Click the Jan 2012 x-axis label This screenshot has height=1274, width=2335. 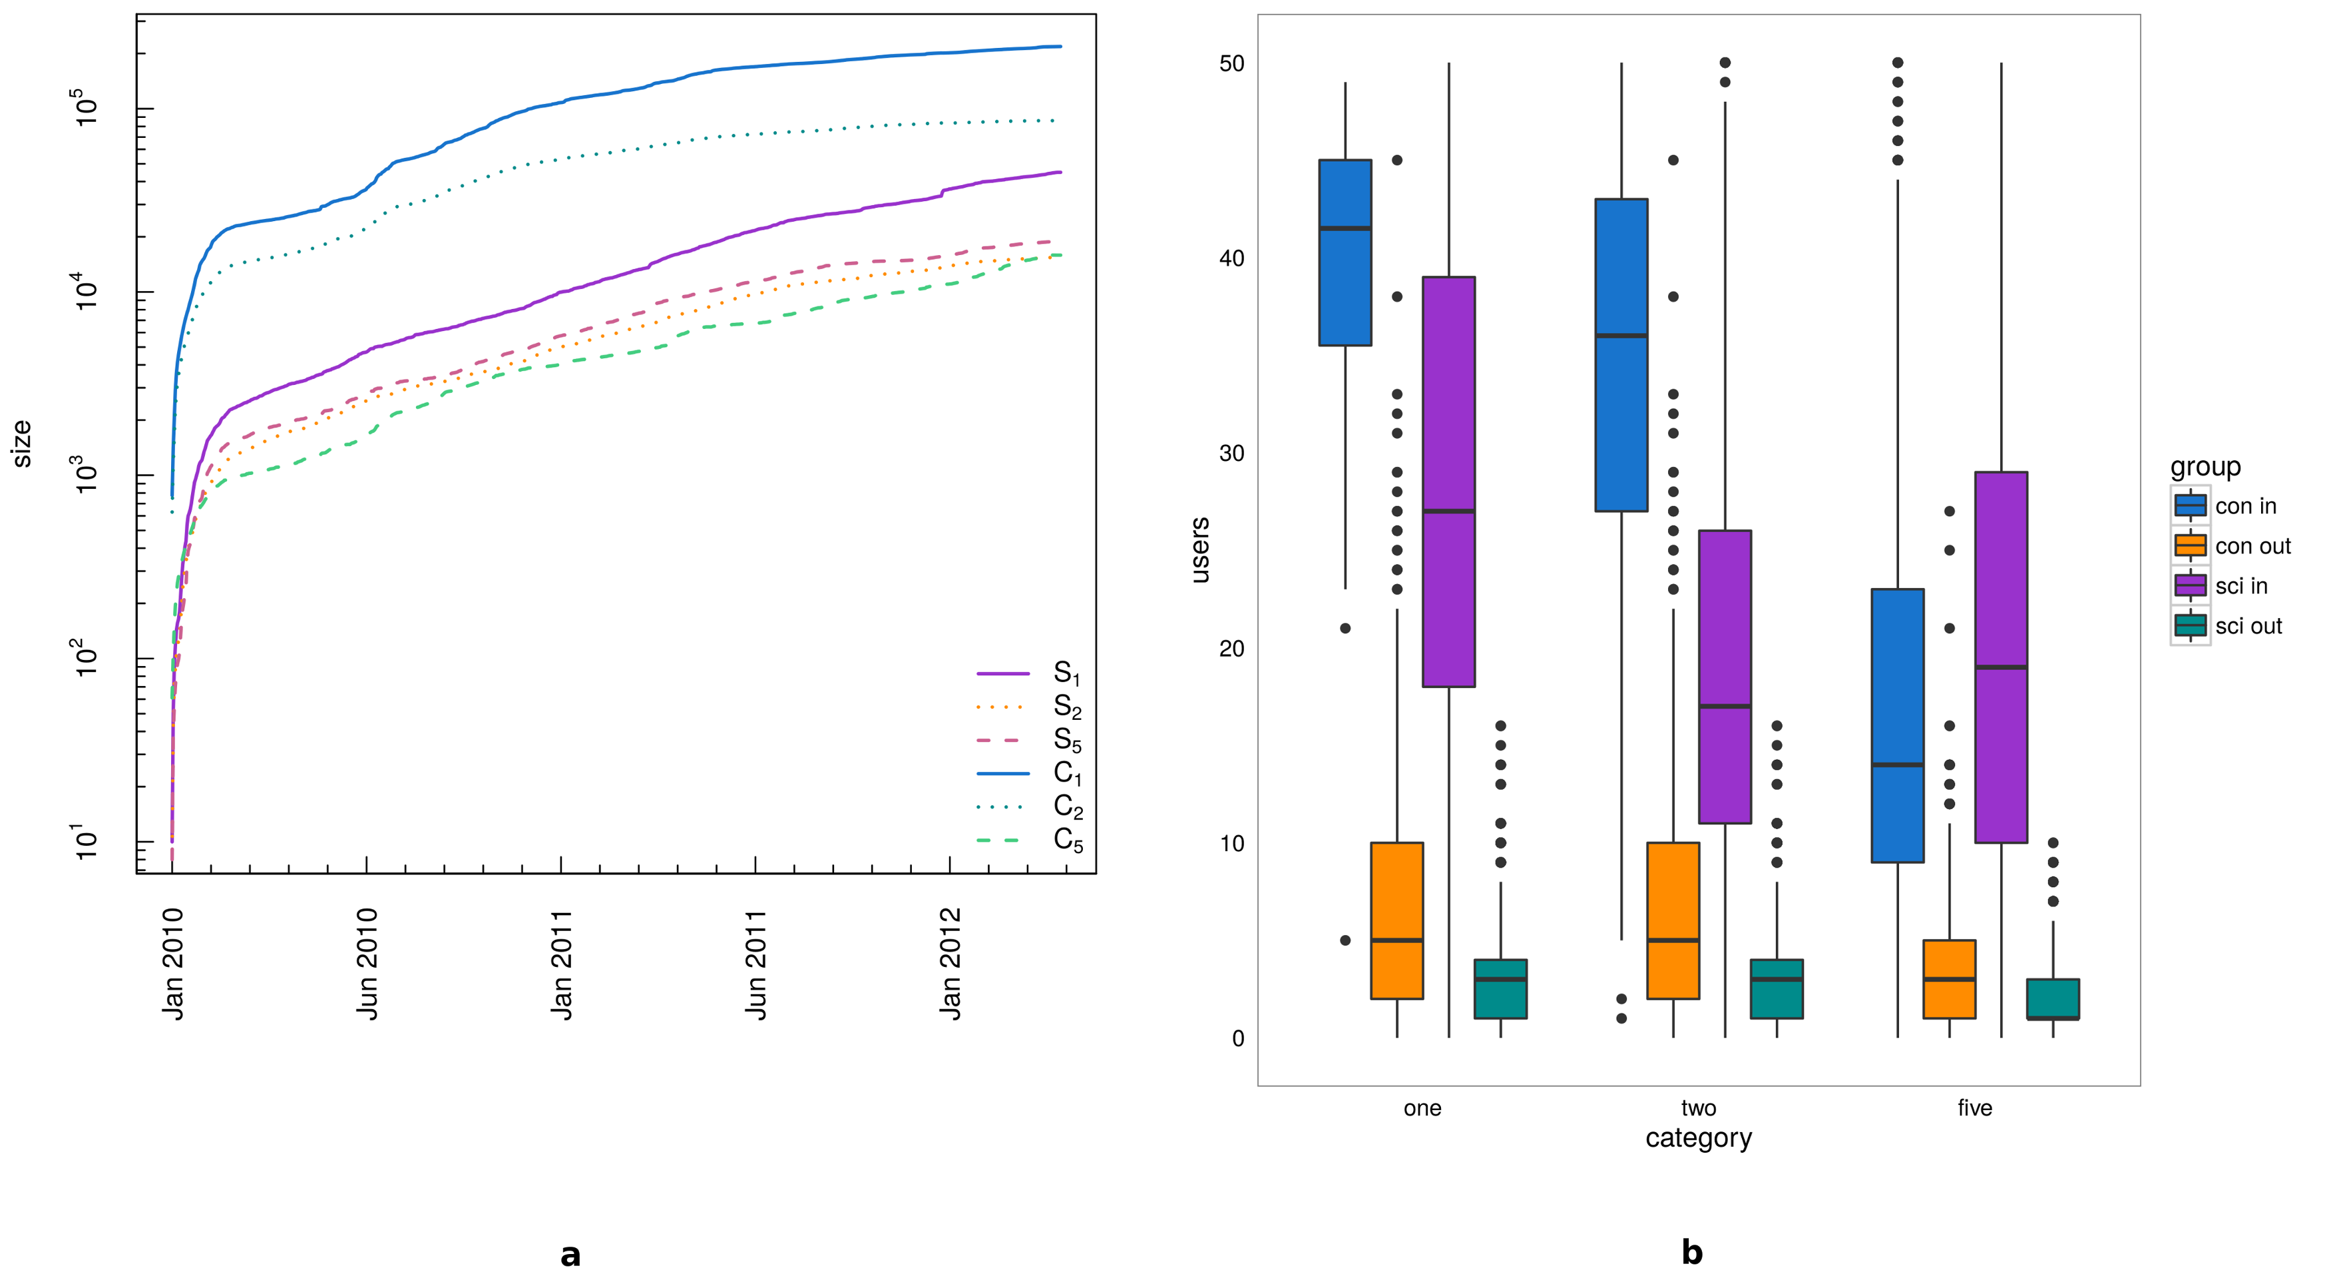pyautogui.click(x=950, y=964)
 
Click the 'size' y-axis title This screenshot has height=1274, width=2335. pyautogui.click(x=22, y=444)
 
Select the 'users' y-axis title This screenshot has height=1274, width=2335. pyautogui.click(x=1199, y=549)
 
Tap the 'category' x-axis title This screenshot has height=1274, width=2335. pyautogui.click(x=1698, y=1138)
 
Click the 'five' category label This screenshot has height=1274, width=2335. pyautogui.click(x=1974, y=1108)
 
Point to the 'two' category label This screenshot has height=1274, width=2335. pyautogui.click(x=1698, y=1108)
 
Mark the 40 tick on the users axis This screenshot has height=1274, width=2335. pyautogui.click(x=1231, y=258)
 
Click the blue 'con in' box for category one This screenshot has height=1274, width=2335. pyautogui.click(x=1345, y=252)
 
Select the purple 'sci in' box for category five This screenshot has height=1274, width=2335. pyautogui.click(x=2000, y=657)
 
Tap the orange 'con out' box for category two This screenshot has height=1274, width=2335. pyautogui.click(x=1673, y=920)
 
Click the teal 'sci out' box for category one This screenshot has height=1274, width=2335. pyautogui.click(x=1500, y=988)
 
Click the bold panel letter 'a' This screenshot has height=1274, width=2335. pyautogui.click(x=570, y=1255)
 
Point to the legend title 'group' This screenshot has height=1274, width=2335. pyautogui.click(x=2205, y=467)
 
